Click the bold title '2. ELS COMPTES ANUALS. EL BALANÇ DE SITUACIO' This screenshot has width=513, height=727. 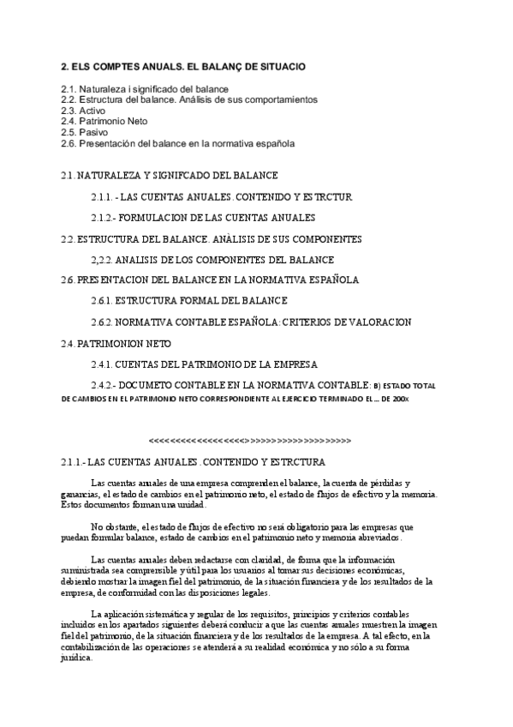click(182, 66)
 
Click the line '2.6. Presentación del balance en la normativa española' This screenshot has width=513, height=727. click(177, 144)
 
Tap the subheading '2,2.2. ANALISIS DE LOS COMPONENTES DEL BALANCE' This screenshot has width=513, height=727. click(212, 260)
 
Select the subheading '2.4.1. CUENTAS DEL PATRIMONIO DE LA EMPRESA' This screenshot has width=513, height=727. click(204, 363)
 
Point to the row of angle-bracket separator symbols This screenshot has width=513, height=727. click(250, 441)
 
